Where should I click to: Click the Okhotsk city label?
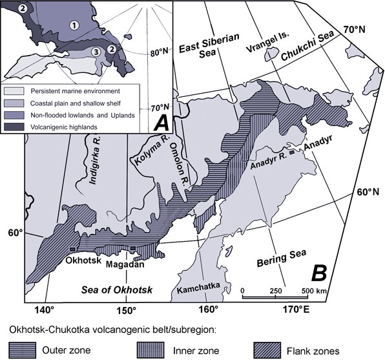tap(83, 262)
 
